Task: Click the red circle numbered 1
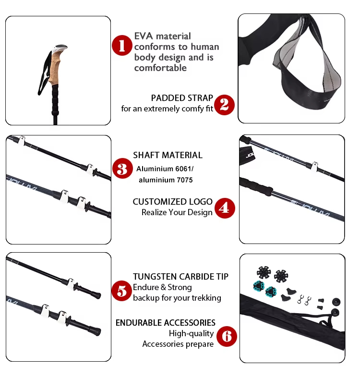tap(122, 46)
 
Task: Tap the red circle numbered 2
tap(224, 104)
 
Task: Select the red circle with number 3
tap(122, 169)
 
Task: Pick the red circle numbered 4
tap(225, 208)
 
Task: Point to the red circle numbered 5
tap(122, 291)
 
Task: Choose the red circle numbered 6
tap(226, 337)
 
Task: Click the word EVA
tap(144, 36)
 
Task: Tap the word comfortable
tap(160, 68)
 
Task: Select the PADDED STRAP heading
tap(182, 98)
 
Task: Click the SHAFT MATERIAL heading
tap(168, 155)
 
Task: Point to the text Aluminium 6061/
tap(165, 169)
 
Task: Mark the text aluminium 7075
tap(166, 180)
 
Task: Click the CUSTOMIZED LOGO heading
tap(172, 202)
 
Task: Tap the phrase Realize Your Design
tap(177, 212)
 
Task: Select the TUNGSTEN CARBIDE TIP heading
tap(180, 277)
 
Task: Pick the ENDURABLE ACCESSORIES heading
tap(165, 323)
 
